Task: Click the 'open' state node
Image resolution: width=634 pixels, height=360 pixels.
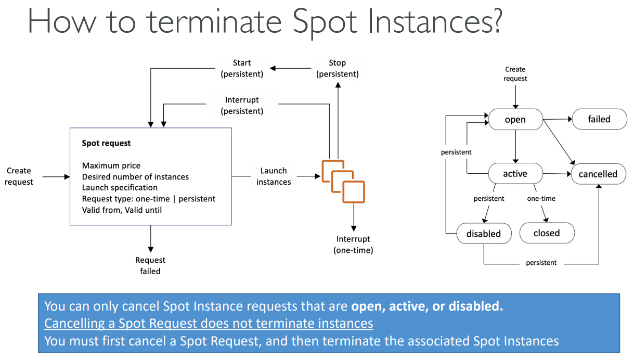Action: [x=515, y=120]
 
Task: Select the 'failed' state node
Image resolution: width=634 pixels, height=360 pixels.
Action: [x=599, y=119]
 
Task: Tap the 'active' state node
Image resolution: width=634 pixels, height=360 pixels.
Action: [x=515, y=174]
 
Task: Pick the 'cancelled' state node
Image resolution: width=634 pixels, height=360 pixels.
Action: [x=598, y=174]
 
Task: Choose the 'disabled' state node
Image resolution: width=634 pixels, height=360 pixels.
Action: [x=483, y=234]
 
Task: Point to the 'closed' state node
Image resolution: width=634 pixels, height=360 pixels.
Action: [x=547, y=233]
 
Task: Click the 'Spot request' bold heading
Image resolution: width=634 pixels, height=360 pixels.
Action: [x=107, y=143]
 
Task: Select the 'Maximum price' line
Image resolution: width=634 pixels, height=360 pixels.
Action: [x=111, y=165]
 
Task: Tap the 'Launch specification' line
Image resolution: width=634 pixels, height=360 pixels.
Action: [x=120, y=187]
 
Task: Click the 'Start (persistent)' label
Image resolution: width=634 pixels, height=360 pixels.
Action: [x=242, y=68]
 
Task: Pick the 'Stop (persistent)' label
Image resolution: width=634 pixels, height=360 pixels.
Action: [x=337, y=68]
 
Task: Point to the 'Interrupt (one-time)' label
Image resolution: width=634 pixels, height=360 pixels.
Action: [x=353, y=245]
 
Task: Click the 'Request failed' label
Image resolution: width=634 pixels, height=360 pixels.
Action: [x=150, y=265]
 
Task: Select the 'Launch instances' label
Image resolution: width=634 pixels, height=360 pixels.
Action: [x=274, y=176]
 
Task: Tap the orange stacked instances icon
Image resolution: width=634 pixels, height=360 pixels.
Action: [x=343, y=180]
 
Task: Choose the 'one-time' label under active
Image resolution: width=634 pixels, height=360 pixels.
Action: [x=541, y=198]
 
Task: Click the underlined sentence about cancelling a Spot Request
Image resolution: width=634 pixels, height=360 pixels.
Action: [x=209, y=324]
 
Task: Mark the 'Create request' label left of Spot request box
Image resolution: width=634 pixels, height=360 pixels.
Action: [x=19, y=176]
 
